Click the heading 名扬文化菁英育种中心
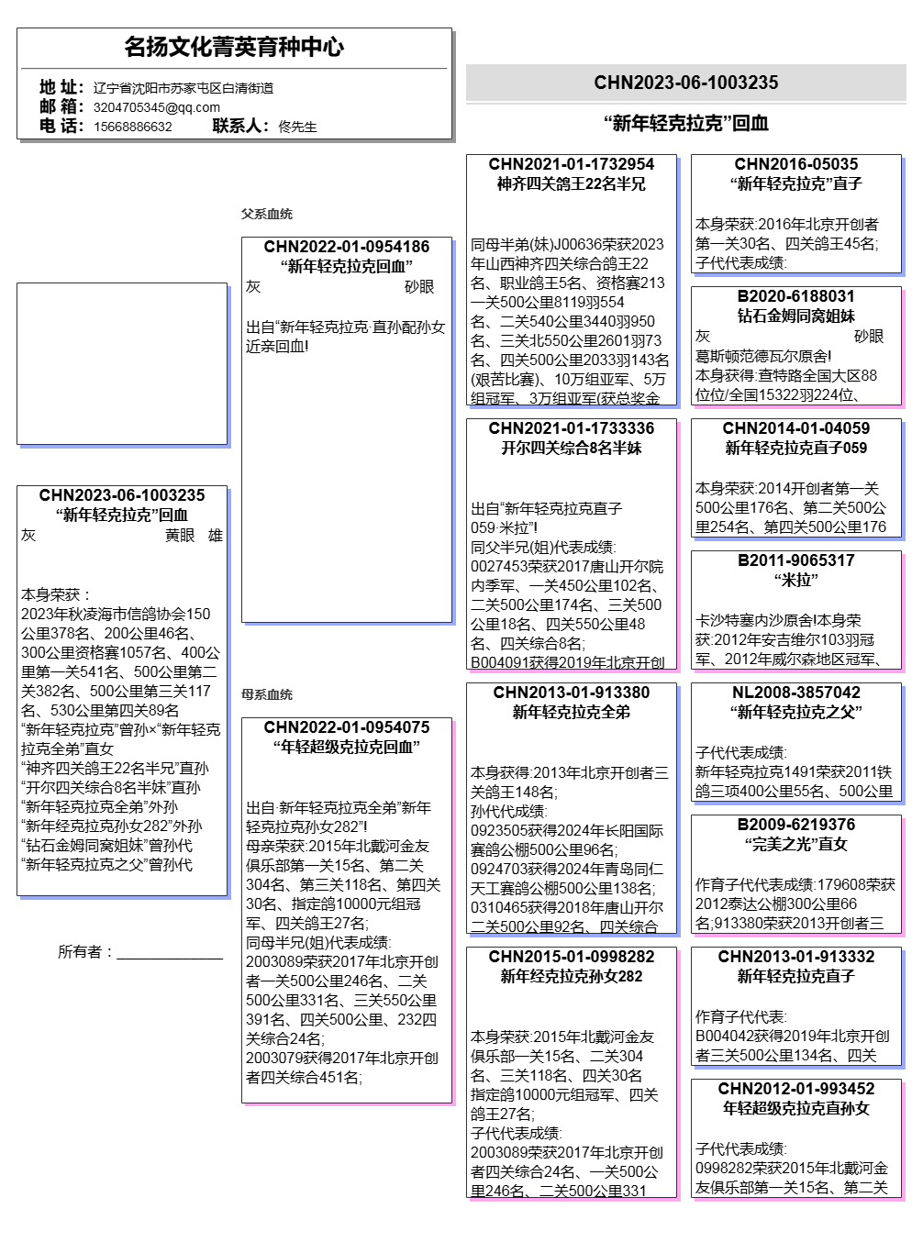click(x=234, y=47)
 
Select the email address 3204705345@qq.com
click(x=156, y=107)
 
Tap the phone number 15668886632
click(x=132, y=127)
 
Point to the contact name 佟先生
click(x=297, y=127)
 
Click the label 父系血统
click(x=266, y=214)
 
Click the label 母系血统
click(x=266, y=694)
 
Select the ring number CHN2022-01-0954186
click(x=346, y=247)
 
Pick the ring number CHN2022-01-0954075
click(x=346, y=727)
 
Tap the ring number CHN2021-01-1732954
click(x=571, y=164)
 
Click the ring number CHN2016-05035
click(x=795, y=164)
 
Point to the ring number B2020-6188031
click(x=795, y=296)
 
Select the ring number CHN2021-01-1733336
click(x=571, y=428)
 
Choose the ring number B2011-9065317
click(x=795, y=560)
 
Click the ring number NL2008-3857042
click(x=795, y=693)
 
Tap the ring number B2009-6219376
click(x=795, y=825)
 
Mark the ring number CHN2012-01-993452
click(x=795, y=1089)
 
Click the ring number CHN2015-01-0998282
click(x=571, y=957)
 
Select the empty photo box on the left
click(x=121, y=363)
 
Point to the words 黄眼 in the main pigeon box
click(x=180, y=536)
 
